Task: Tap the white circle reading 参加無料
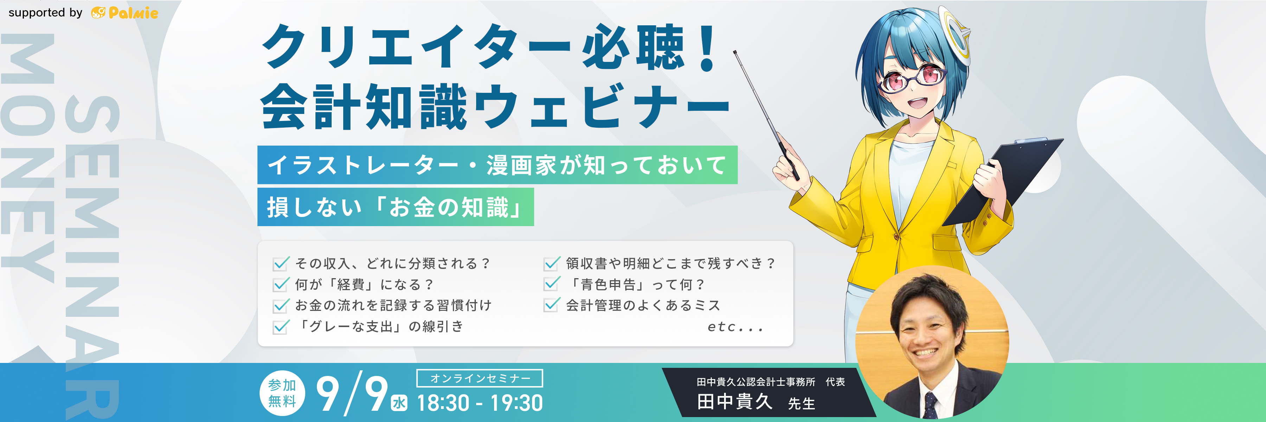(x=282, y=394)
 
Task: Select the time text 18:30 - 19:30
(x=480, y=403)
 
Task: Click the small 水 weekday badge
(x=398, y=403)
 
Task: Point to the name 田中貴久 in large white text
(x=735, y=401)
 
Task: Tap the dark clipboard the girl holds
(x=1003, y=182)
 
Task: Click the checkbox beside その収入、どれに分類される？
(x=281, y=263)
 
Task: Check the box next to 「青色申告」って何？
(x=552, y=284)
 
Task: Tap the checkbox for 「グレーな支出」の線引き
(x=281, y=326)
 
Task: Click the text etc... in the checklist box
(x=735, y=327)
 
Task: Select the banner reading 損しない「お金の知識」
(x=396, y=207)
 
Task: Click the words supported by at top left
(x=45, y=13)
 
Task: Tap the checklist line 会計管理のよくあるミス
(x=643, y=305)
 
